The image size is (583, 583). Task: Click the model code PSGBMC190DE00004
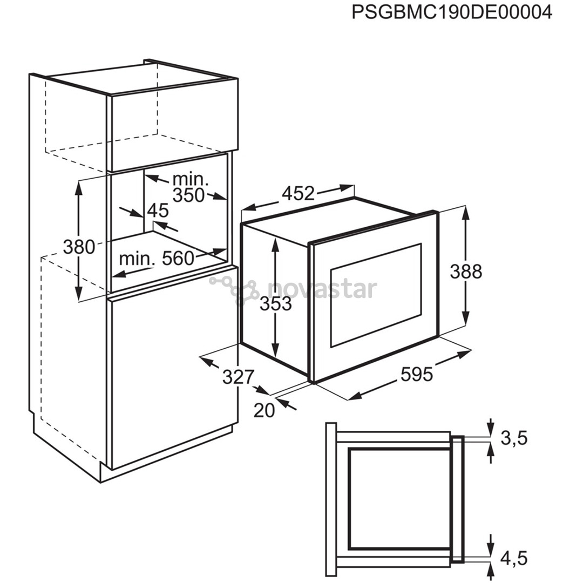[452, 12]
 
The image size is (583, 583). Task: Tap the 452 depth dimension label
[298, 193]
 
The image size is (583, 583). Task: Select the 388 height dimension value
[466, 272]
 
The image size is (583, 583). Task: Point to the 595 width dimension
[417, 374]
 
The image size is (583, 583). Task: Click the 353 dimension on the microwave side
[275, 304]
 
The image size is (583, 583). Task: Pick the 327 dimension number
[238, 377]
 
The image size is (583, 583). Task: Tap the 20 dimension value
[264, 410]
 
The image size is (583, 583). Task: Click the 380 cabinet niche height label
[79, 247]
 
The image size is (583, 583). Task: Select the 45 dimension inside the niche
[158, 211]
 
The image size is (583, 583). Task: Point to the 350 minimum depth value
[189, 195]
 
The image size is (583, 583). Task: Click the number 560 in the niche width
[178, 258]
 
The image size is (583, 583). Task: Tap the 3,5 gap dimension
[514, 439]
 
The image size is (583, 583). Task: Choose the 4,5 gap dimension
[514, 558]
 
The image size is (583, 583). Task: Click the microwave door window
[376, 295]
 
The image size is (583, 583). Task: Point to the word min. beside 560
[137, 259]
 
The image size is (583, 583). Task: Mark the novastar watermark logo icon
[234, 289]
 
